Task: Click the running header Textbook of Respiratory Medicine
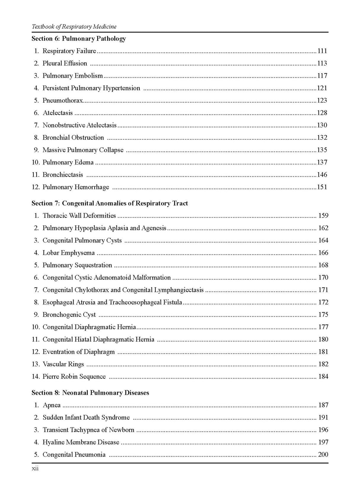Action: pos(74,27)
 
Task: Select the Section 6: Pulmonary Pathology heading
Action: pos(79,39)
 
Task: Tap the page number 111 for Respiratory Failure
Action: pos(322,51)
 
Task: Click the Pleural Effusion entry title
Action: pos(65,63)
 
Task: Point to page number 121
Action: pos(322,88)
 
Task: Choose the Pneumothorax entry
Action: pos(63,101)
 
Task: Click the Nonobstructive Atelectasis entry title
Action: pos(79,125)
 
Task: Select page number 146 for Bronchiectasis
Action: pos(322,175)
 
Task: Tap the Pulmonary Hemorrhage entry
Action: pos(76,187)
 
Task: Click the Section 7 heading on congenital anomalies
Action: pos(110,203)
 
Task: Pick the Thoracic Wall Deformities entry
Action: pos(79,216)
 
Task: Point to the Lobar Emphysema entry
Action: pos(69,253)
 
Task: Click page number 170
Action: pos(323,278)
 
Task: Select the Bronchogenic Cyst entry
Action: pos(69,315)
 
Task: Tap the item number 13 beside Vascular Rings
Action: pos(36,364)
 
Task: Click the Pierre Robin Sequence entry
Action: pos(74,377)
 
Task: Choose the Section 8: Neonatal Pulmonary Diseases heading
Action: pos(90,393)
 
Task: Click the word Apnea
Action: pos(52,405)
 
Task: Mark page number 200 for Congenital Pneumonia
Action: pos(323,455)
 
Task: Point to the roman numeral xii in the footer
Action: pos(35,469)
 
